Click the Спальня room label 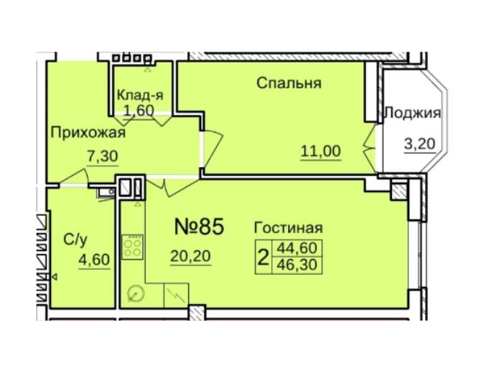pyautogui.click(x=289, y=83)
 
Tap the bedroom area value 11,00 pyautogui.click(x=320, y=151)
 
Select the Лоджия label pyautogui.click(x=413, y=113)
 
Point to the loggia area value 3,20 pyautogui.click(x=419, y=144)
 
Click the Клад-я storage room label pyautogui.click(x=140, y=95)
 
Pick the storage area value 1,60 pyautogui.click(x=139, y=110)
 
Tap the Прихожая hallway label pyautogui.click(x=88, y=133)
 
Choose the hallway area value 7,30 pyautogui.click(x=102, y=156)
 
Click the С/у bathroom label pyautogui.click(x=75, y=240)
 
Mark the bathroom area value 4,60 pyautogui.click(x=94, y=260)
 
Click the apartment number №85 pyautogui.click(x=199, y=227)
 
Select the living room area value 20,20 pyautogui.click(x=190, y=256)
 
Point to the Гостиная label pyautogui.click(x=289, y=228)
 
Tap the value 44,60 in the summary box pyautogui.click(x=297, y=248)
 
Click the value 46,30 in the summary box pyautogui.click(x=297, y=265)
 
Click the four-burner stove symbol pyautogui.click(x=132, y=247)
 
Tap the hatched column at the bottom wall pyautogui.click(x=197, y=313)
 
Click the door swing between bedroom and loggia pyautogui.click(x=370, y=148)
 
